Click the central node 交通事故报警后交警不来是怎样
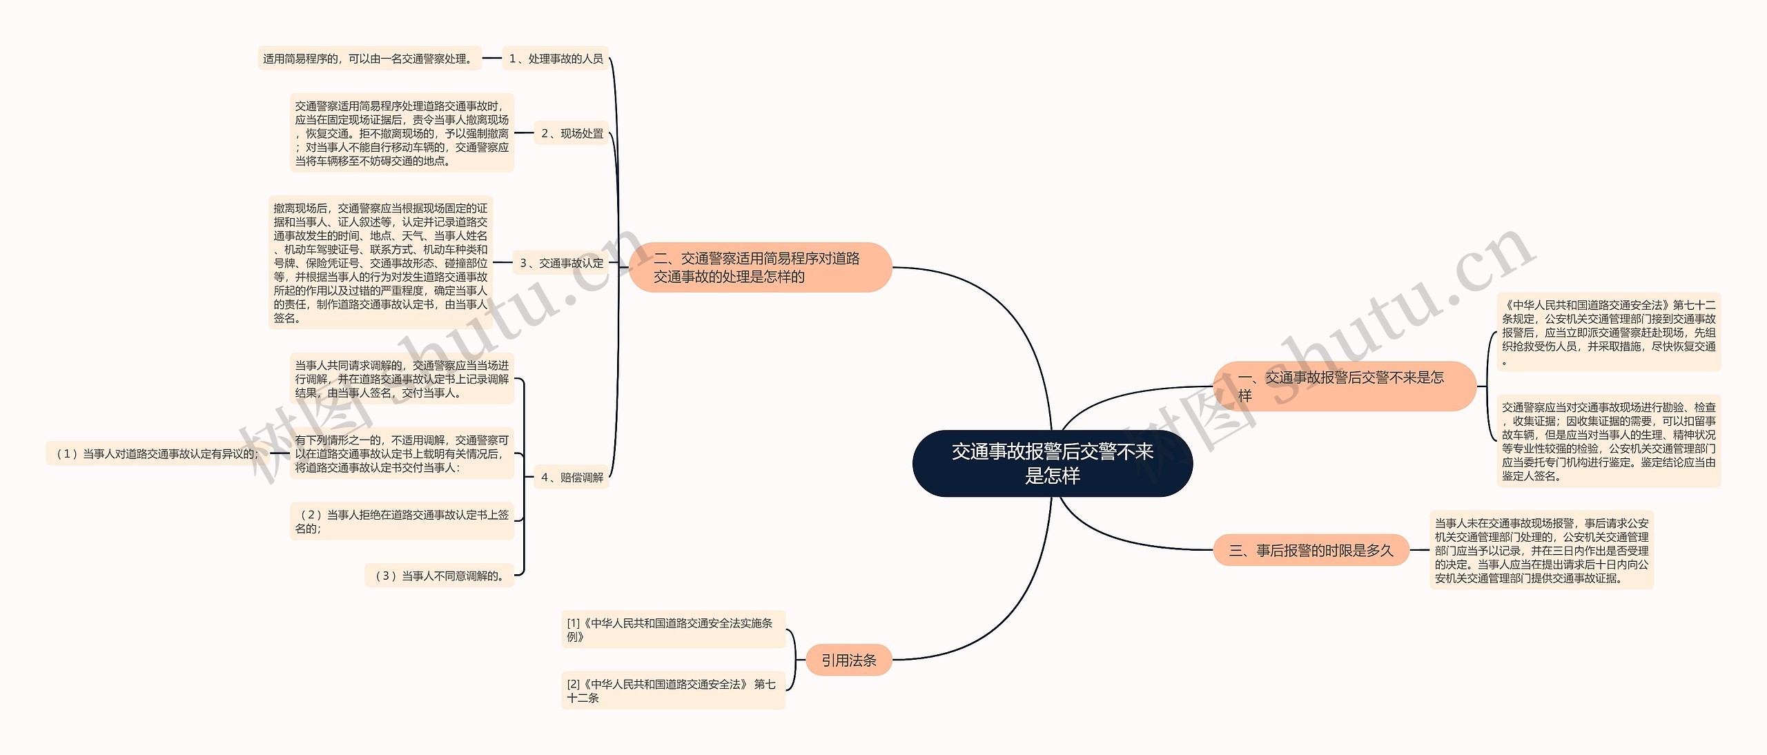1052,463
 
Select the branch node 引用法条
848,660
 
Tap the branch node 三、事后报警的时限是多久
1310,550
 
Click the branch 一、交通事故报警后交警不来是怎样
1343,386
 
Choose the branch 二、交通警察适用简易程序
760,267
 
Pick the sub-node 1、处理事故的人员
556,59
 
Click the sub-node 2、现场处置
572,133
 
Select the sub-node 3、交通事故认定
561,263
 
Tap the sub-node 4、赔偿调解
572,477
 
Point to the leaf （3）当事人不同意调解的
439,576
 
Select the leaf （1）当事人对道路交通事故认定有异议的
158,453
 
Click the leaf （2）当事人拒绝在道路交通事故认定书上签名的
402,522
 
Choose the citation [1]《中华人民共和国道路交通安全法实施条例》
673,629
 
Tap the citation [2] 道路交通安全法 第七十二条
673,690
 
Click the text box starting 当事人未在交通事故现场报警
1541,550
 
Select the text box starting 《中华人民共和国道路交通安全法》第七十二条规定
1608,332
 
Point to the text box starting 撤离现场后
380,262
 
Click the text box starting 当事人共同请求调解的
402,379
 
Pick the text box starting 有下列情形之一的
402,453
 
